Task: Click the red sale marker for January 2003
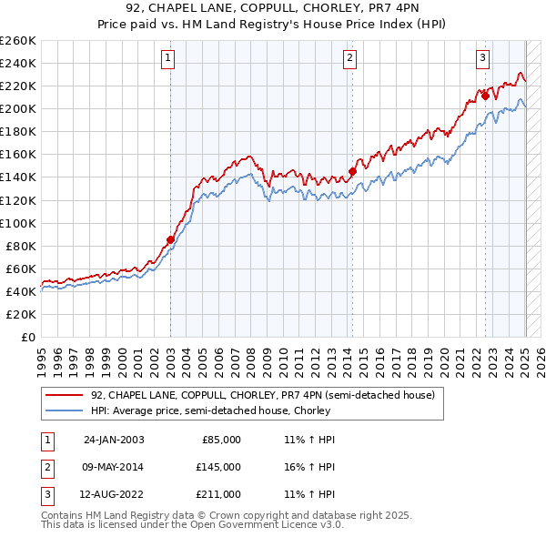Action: click(170, 240)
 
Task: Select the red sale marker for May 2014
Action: click(352, 171)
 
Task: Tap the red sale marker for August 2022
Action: click(485, 96)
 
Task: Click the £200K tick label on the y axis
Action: click(17, 108)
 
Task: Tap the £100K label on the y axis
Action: click(17, 223)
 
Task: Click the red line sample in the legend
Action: click(65, 395)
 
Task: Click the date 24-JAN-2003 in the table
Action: click(114, 439)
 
